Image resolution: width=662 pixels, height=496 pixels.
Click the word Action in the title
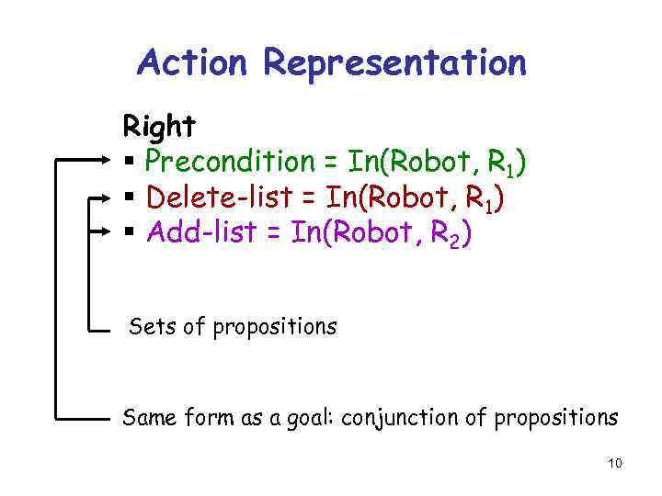192,62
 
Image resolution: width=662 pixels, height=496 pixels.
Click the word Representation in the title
394,64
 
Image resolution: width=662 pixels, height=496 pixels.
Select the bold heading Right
158,125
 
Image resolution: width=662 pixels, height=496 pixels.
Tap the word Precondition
230,162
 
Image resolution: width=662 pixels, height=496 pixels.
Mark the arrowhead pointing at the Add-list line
104,232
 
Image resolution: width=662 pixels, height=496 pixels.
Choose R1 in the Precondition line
500,163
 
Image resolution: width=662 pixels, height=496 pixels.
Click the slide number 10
614,463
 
